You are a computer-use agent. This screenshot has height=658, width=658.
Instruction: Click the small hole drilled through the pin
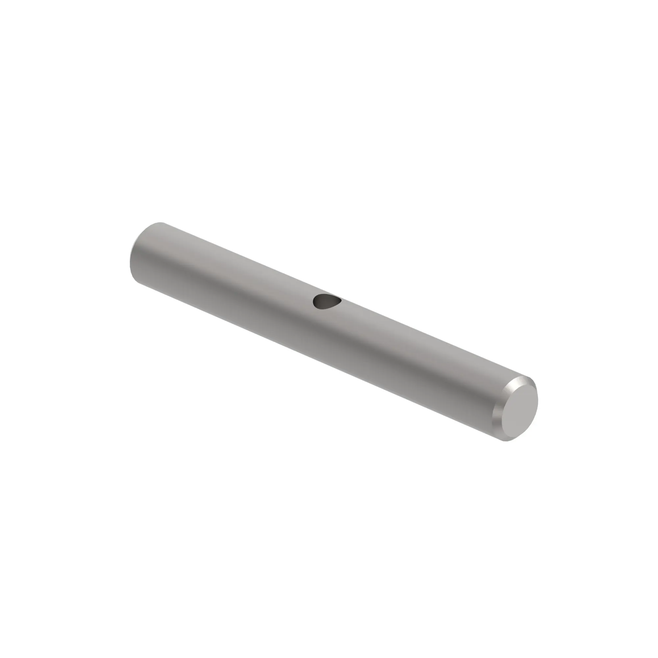[x=327, y=301]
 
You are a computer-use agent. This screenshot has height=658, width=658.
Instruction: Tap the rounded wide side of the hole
[x=315, y=301]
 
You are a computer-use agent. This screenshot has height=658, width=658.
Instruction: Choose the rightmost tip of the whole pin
[x=538, y=402]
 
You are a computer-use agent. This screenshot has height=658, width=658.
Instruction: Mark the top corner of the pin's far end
[x=160, y=223]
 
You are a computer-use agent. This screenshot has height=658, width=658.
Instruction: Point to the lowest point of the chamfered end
[x=507, y=442]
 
